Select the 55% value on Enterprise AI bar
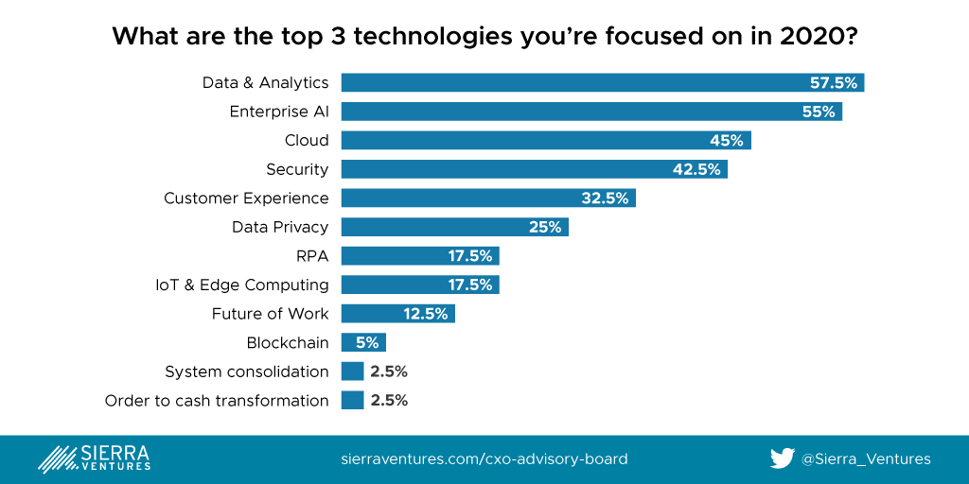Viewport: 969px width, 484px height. click(819, 112)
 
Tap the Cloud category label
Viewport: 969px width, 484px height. click(307, 141)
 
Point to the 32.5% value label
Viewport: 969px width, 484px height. click(605, 199)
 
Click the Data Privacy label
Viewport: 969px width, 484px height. click(280, 227)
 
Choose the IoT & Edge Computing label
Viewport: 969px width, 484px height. click(242, 285)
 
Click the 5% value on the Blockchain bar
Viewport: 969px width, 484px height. click(366, 342)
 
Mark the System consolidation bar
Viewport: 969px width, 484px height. click(352, 372)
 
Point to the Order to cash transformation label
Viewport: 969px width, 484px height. click(217, 401)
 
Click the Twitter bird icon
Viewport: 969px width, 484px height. click(782, 458)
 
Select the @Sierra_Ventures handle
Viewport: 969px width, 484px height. click(866, 459)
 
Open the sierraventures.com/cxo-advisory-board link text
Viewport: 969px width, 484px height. click(484, 459)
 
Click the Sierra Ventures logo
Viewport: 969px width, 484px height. click(94, 458)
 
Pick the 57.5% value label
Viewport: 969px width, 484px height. click(834, 83)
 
